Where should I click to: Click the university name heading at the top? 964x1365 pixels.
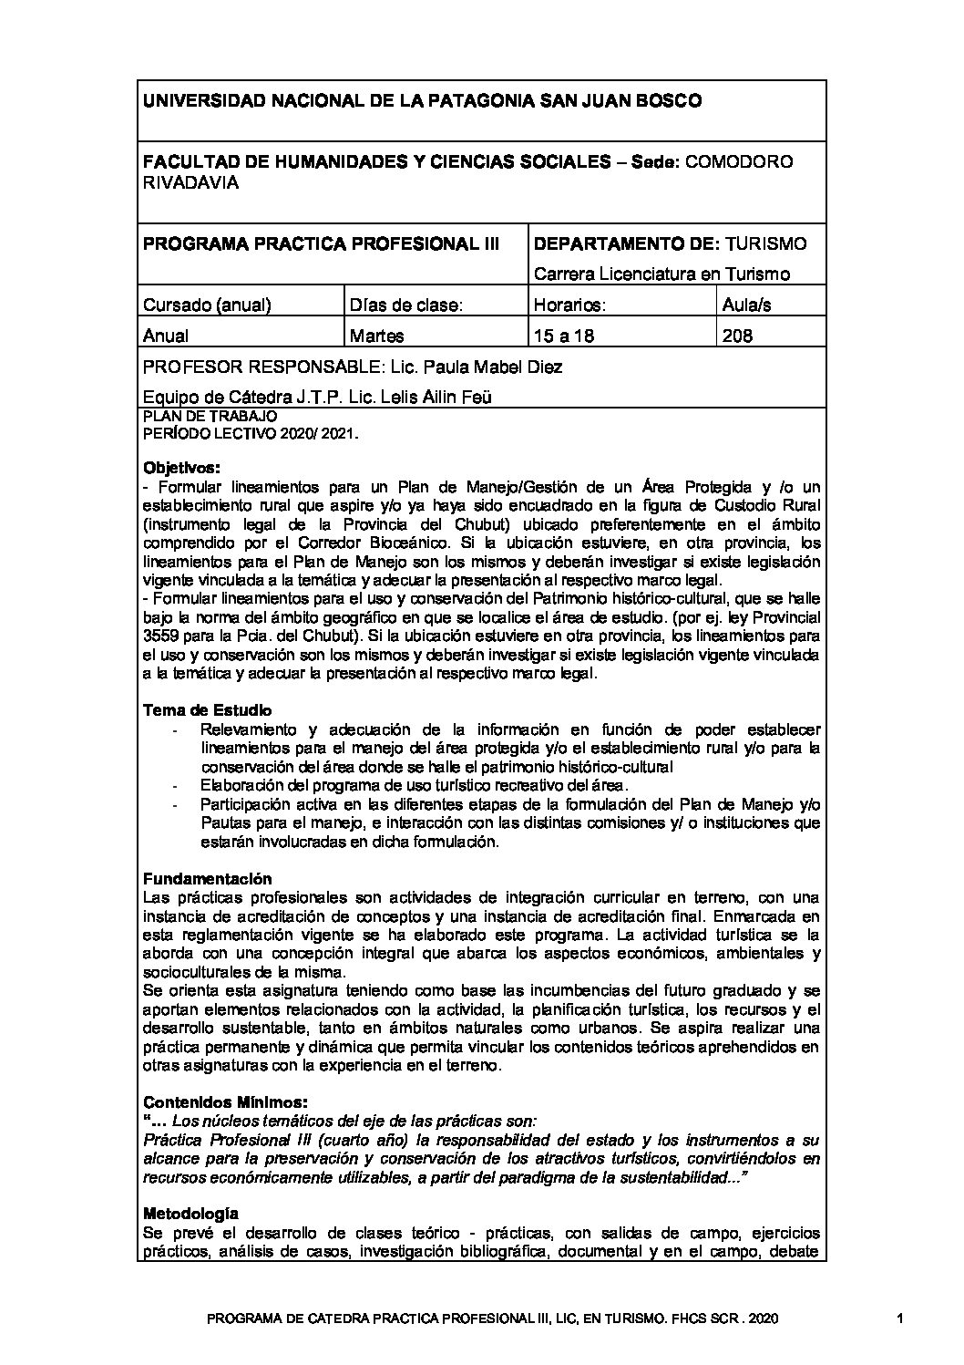tap(422, 101)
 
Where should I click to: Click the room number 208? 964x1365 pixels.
tap(736, 336)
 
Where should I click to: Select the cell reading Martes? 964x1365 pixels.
tap(377, 336)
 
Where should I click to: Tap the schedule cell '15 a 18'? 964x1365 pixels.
tap(564, 336)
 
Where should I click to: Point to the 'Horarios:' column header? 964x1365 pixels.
tap(570, 305)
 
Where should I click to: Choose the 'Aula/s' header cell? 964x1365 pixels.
tap(745, 305)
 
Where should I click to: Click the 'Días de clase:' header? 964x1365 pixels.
tap(406, 305)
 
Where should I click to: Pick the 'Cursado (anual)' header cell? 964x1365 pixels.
tap(207, 305)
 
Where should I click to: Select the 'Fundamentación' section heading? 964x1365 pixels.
tap(208, 879)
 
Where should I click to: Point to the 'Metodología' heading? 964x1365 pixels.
tap(191, 1214)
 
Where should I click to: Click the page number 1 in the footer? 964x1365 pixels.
tap(899, 1318)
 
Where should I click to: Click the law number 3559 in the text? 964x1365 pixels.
tap(160, 636)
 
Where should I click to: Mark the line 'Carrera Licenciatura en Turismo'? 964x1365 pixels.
tap(661, 274)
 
